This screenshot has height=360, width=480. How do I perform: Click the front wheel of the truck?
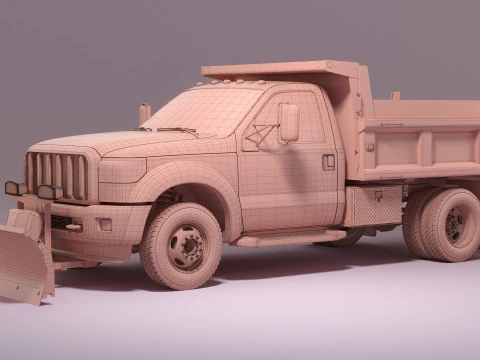coord(181,245)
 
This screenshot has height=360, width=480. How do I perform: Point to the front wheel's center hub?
coord(184,247)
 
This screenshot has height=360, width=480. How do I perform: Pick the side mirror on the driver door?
coord(288,122)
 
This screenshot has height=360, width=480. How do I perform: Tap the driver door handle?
coord(328,161)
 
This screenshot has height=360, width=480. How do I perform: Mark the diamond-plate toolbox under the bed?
coord(372,205)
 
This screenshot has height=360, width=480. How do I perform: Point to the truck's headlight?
coord(121,169)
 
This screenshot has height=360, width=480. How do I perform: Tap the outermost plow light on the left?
coord(12,188)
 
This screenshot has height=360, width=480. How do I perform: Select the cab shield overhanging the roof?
coord(280,71)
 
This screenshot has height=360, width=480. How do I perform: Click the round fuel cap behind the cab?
coord(370,147)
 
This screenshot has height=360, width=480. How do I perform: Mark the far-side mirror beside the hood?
coord(145,113)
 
